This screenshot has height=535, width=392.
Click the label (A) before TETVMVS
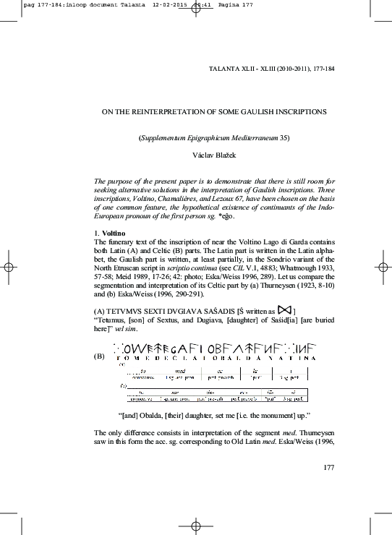(x=101, y=310)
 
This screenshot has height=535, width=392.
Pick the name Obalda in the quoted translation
(x=155, y=415)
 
